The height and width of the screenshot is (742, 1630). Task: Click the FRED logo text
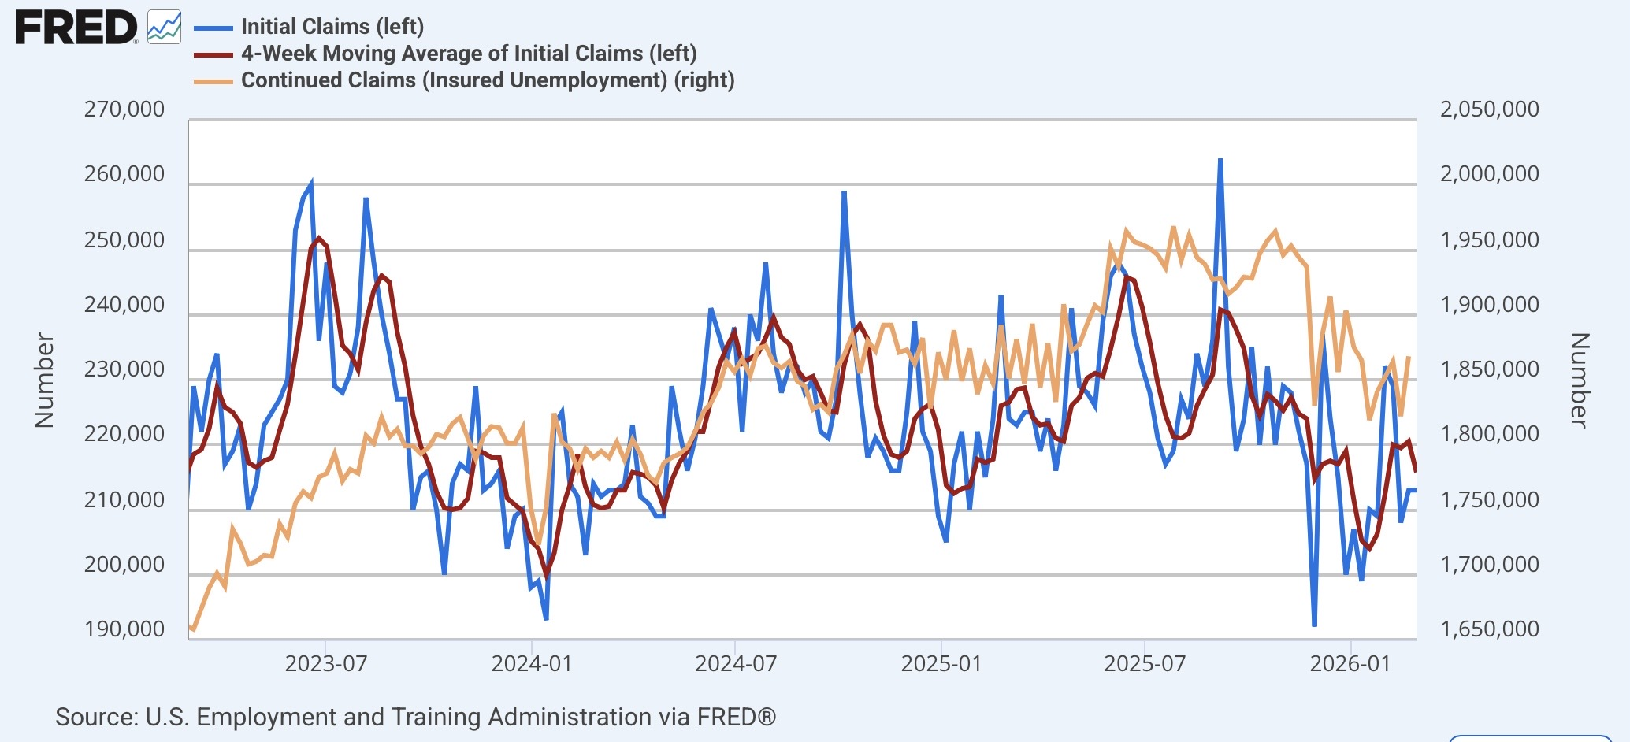76,28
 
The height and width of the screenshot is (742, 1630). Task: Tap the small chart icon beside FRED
164,28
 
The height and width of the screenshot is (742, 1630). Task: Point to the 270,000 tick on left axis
124,109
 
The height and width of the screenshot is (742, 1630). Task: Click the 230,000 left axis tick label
124,369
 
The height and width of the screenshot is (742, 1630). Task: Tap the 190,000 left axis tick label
124,629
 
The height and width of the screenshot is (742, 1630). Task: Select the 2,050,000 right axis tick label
1489,109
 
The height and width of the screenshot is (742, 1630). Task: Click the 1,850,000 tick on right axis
1489,369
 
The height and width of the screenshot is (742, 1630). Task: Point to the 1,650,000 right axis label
1489,629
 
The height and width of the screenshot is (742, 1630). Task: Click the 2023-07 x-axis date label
326,663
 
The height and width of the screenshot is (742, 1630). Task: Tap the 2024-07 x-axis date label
736,663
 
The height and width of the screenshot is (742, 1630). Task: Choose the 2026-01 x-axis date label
1350,663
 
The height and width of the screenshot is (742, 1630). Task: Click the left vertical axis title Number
44,380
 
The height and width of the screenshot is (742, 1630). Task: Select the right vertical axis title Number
1579,380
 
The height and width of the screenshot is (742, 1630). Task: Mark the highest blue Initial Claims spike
1220,160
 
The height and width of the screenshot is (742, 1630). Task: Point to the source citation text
415,717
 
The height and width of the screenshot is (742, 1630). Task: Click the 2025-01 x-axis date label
941,663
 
